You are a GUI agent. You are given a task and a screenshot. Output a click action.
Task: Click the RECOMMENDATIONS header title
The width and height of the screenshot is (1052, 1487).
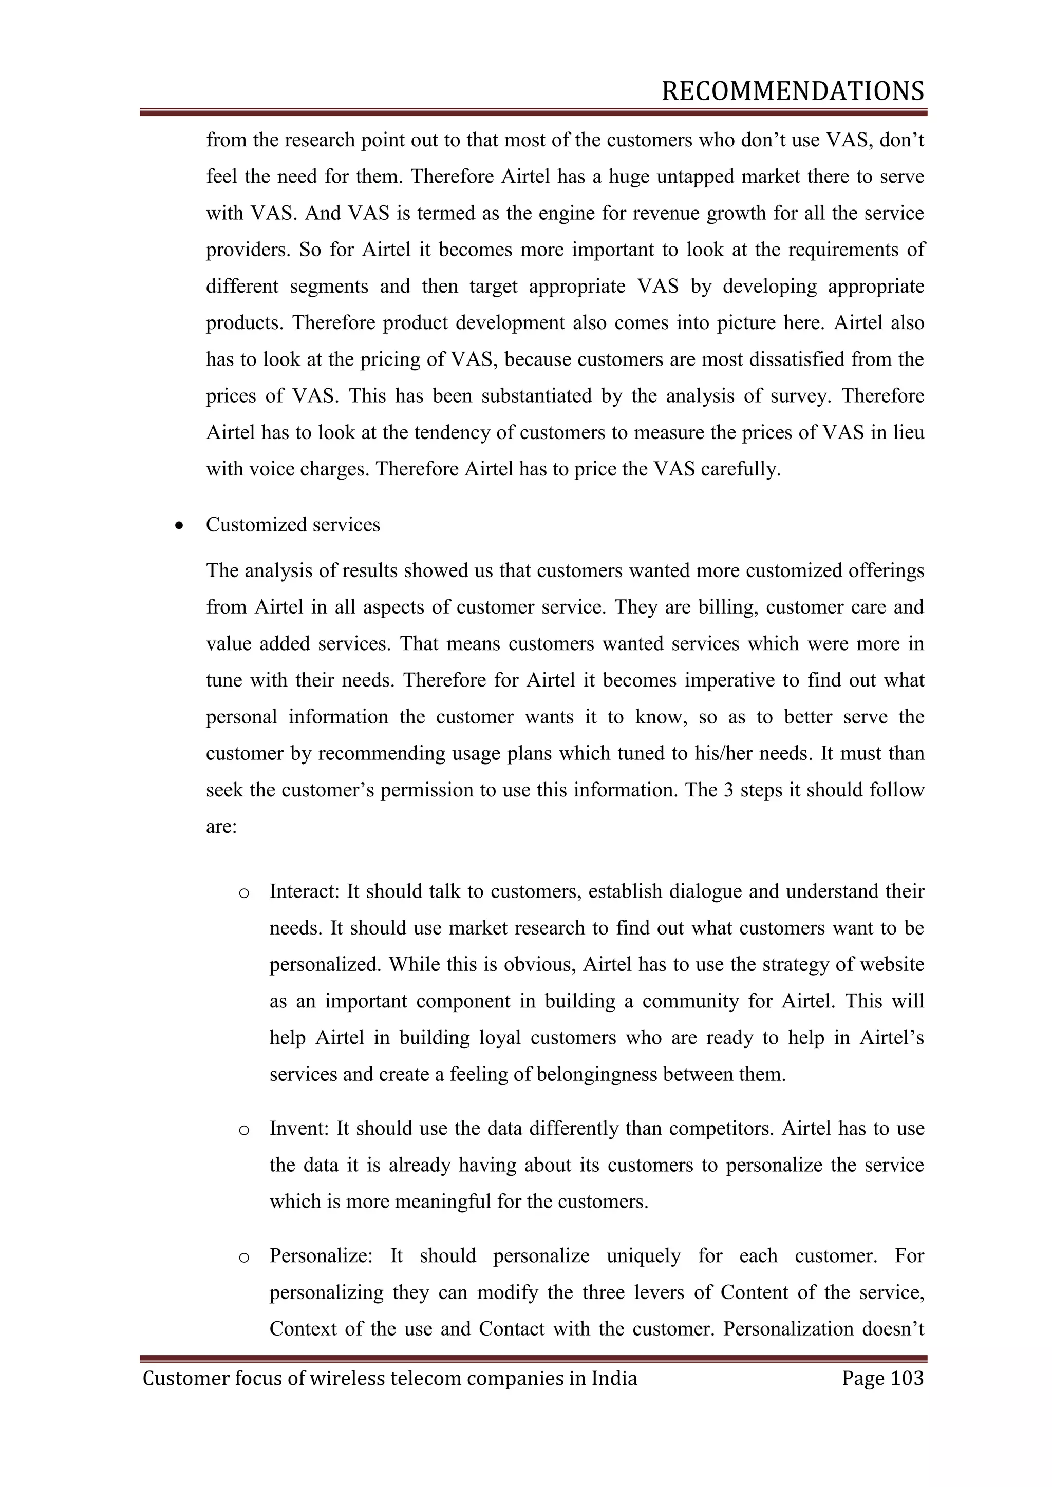pyautogui.click(x=792, y=92)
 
